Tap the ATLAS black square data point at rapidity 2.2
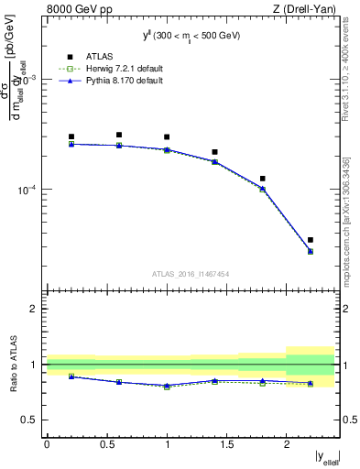coord(311,240)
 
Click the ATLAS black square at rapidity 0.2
coord(71,136)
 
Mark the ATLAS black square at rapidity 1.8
coord(263,179)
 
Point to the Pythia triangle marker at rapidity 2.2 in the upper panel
coord(311,251)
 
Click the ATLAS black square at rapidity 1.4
coord(215,152)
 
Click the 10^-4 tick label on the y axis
coord(29,191)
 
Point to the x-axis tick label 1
coord(167,444)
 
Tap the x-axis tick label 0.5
coord(106,444)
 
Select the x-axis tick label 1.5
coord(226,444)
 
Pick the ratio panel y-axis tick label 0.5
coord(31,420)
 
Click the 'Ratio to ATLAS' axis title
coord(12,365)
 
